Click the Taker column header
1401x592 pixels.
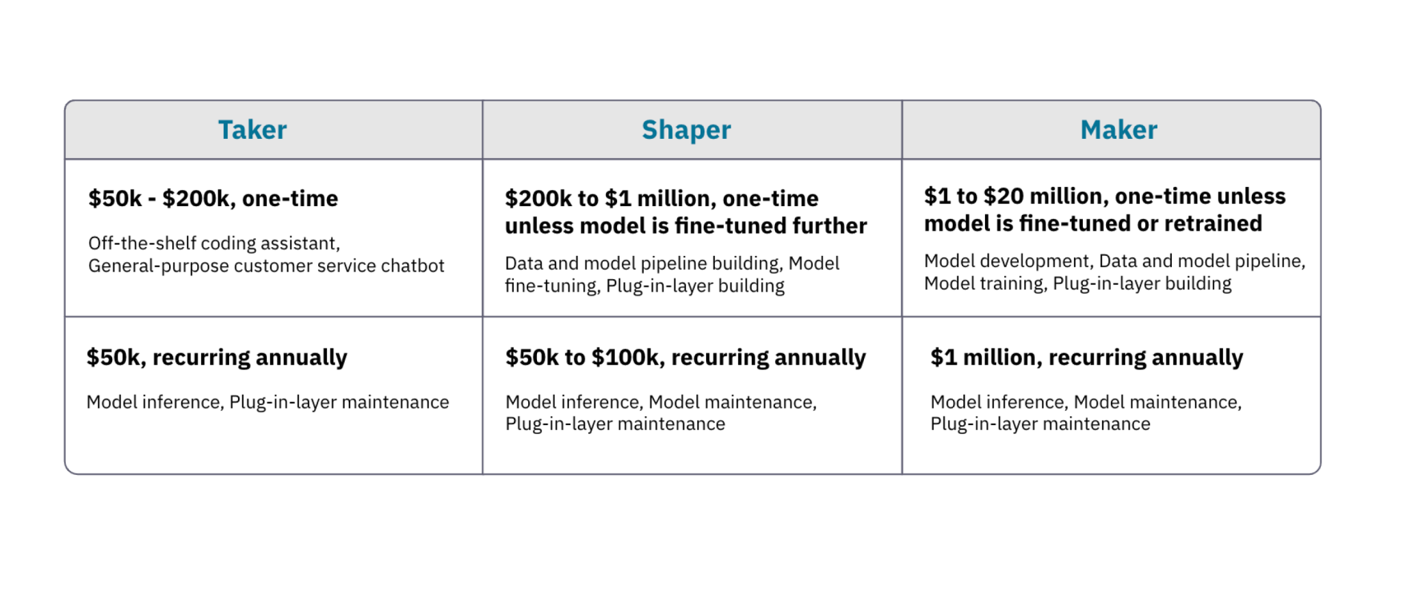pyautogui.click(x=252, y=130)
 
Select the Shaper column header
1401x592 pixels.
pyautogui.click(x=686, y=130)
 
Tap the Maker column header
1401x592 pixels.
pyautogui.click(x=1118, y=130)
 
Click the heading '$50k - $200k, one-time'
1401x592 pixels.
pyautogui.click(x=213, y=198)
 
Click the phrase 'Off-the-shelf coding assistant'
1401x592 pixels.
pyautogui.click(x=213, y=244)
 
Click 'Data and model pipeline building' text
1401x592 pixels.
pyautogui.click(x=642, y=263)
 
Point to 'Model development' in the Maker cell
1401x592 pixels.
pyautogui.click(x=1006, y=261)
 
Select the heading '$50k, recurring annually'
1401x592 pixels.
pyautogui.click(x=216, y=357)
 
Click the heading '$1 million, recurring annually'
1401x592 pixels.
pyautogui.click(x=1086, y=357)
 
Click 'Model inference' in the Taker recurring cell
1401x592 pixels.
pyautogui.click(x=154, y=402)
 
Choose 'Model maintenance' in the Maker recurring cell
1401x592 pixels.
pyautogui.click(x=1157, y=402)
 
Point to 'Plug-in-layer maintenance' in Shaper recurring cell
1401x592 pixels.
pyautogui.click(x=615, y=424)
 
